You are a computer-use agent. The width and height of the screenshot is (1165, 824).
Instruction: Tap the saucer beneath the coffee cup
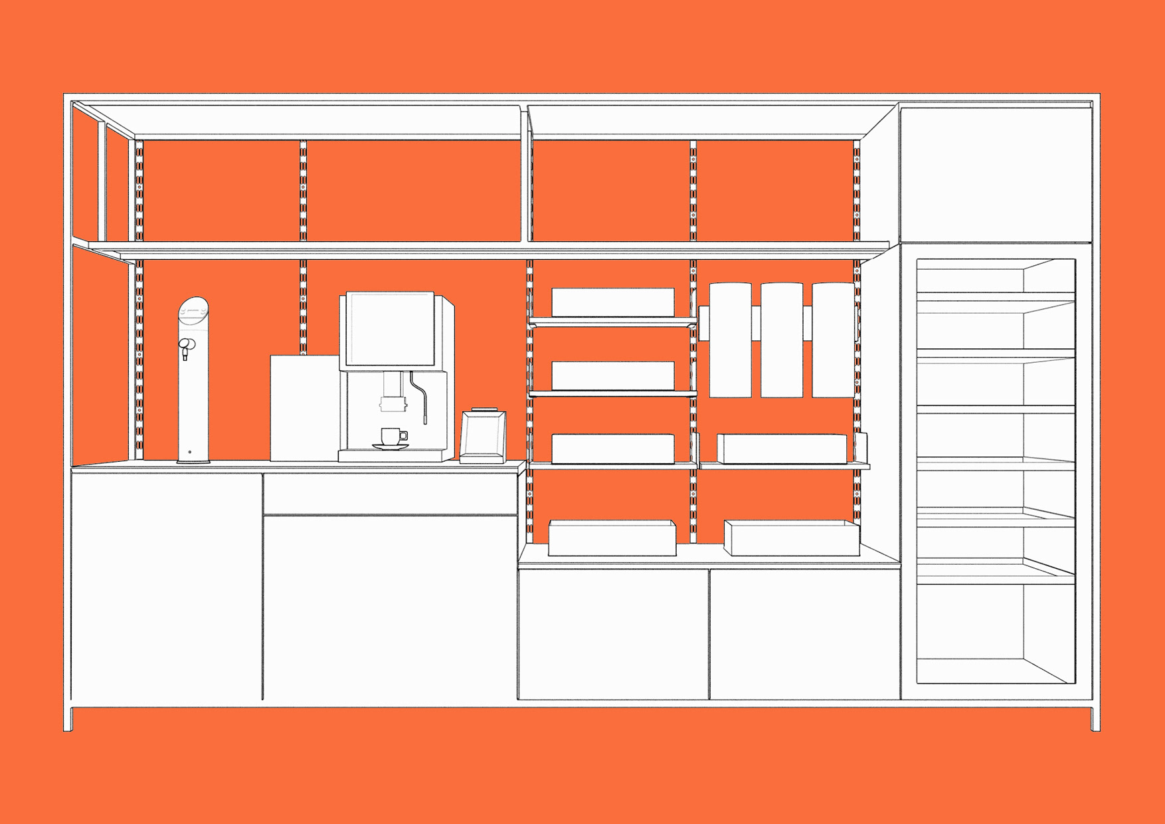pos(390,447)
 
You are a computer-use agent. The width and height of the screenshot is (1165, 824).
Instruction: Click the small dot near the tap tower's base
pos(190,453)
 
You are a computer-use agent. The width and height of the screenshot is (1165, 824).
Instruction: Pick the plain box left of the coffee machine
pos(304,407)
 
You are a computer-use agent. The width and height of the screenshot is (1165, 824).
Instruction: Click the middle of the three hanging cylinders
pos(782,340)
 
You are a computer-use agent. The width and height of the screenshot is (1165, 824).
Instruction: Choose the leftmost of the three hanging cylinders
pos(731,340)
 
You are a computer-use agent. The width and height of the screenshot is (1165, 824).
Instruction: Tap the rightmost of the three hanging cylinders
pos(833,340)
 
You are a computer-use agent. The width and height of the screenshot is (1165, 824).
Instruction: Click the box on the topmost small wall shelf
pos(612,302)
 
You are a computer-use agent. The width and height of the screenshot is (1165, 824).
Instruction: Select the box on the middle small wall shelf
pos(612,376)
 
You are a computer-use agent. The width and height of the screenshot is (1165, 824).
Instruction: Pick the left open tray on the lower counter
pos(612,538)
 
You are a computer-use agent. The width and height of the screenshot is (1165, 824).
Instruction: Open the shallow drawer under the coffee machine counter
pos(390,494)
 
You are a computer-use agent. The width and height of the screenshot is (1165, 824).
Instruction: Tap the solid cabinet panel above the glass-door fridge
pos(996,174)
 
